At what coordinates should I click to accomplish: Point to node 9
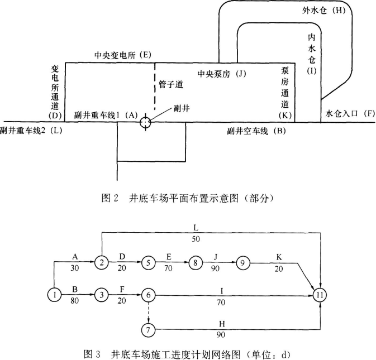(x=242, y=262)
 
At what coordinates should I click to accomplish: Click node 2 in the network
(x=101, y=262)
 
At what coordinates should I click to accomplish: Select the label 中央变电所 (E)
(x=123, y=55)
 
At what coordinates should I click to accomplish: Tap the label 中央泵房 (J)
(x=222, y=74)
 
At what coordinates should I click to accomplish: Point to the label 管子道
(x=171, y=85)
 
